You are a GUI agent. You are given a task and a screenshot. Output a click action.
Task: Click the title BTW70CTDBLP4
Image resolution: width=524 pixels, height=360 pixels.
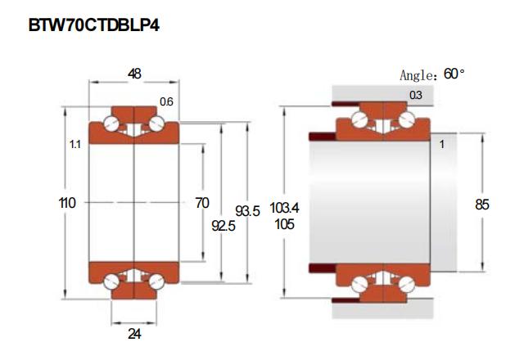94,25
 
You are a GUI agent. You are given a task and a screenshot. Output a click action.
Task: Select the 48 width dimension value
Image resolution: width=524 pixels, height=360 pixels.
134,74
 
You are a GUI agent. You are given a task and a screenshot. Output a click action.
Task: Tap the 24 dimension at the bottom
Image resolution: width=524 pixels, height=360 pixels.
134,334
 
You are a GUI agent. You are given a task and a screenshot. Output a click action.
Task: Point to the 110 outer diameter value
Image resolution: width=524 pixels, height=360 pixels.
67,203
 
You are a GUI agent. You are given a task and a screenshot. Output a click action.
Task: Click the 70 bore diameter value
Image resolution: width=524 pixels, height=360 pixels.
202,203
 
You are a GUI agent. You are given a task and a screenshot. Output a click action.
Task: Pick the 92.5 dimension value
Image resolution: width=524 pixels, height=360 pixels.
224,226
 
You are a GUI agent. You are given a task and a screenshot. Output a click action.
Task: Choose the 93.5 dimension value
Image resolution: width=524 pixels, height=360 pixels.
247,211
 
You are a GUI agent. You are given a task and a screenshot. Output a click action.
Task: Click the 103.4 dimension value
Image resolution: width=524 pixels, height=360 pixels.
284,208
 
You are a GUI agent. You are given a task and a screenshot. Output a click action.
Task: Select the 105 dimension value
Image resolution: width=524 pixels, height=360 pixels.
284,224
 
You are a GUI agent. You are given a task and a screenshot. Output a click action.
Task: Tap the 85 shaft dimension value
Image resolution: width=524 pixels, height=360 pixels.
482,205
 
